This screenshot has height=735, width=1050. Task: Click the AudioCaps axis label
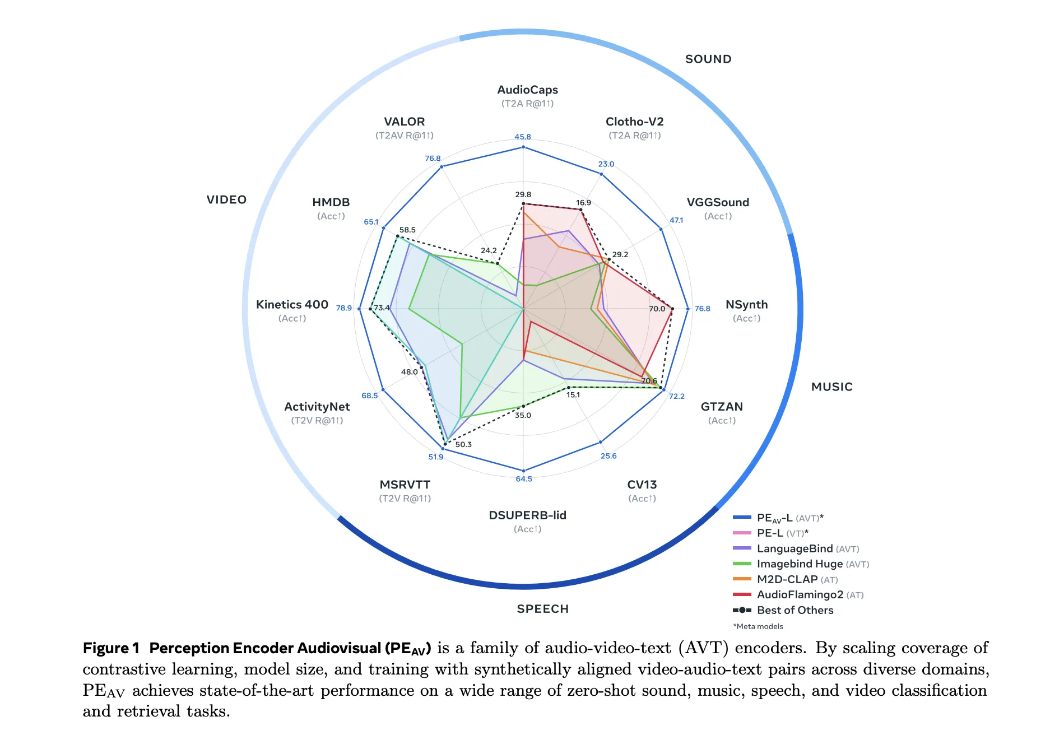tap(527, 90)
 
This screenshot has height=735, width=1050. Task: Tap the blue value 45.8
tap(522, 137)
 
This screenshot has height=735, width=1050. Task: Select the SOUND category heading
tap(708, 59)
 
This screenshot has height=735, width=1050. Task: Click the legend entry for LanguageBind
tap(794, 548)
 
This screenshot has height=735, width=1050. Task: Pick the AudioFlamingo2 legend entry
tap(800, 594)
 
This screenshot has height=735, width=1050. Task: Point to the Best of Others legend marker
tap(742, 610)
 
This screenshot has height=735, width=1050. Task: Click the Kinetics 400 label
tap(292, 305)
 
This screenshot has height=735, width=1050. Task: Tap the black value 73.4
tap(382, 308)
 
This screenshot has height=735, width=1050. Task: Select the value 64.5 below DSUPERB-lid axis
tap(524, 479)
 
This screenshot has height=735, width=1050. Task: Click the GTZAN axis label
tap(722, 407)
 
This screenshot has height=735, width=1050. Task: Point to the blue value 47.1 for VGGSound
tap(676, 220)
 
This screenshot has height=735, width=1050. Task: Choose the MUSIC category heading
tap(831, 387)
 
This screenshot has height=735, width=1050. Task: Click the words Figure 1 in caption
tap(110, 648)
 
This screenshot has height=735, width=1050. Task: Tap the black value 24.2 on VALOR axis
tap(489, 250)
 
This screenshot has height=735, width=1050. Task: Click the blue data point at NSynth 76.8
tap(688, 309)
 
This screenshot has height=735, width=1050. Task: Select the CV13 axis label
tap(642, 485)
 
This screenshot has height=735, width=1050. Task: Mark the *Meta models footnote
tap(758, 626)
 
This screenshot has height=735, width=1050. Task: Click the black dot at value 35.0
tap(523, 406)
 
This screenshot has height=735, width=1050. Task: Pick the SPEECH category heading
tap(542, 609)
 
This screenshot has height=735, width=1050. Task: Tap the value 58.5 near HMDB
tap(407, 230)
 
